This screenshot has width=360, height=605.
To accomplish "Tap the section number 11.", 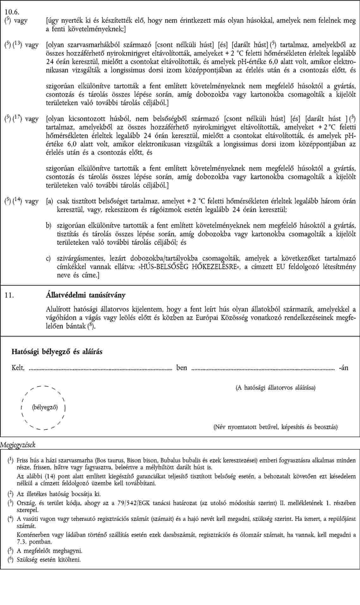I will pos(9,295).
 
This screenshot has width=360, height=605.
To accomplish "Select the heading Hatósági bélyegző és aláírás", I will pos(57,351).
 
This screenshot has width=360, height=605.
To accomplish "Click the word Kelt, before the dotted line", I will pos(18,368).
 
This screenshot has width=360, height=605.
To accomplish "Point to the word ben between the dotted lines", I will pos(182,368).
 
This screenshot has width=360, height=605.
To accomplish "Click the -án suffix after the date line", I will pos(343,368).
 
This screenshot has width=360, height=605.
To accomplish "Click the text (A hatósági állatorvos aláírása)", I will pos(275,388).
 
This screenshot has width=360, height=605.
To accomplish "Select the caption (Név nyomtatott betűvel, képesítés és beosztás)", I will pos(276,427).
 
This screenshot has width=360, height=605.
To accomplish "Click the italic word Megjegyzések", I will pos(18,445).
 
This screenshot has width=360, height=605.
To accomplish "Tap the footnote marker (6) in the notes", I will pos(10,559).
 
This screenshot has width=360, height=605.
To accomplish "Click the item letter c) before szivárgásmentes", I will pos(48,259).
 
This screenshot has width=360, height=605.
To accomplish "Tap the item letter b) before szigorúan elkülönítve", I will pos(48,226).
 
